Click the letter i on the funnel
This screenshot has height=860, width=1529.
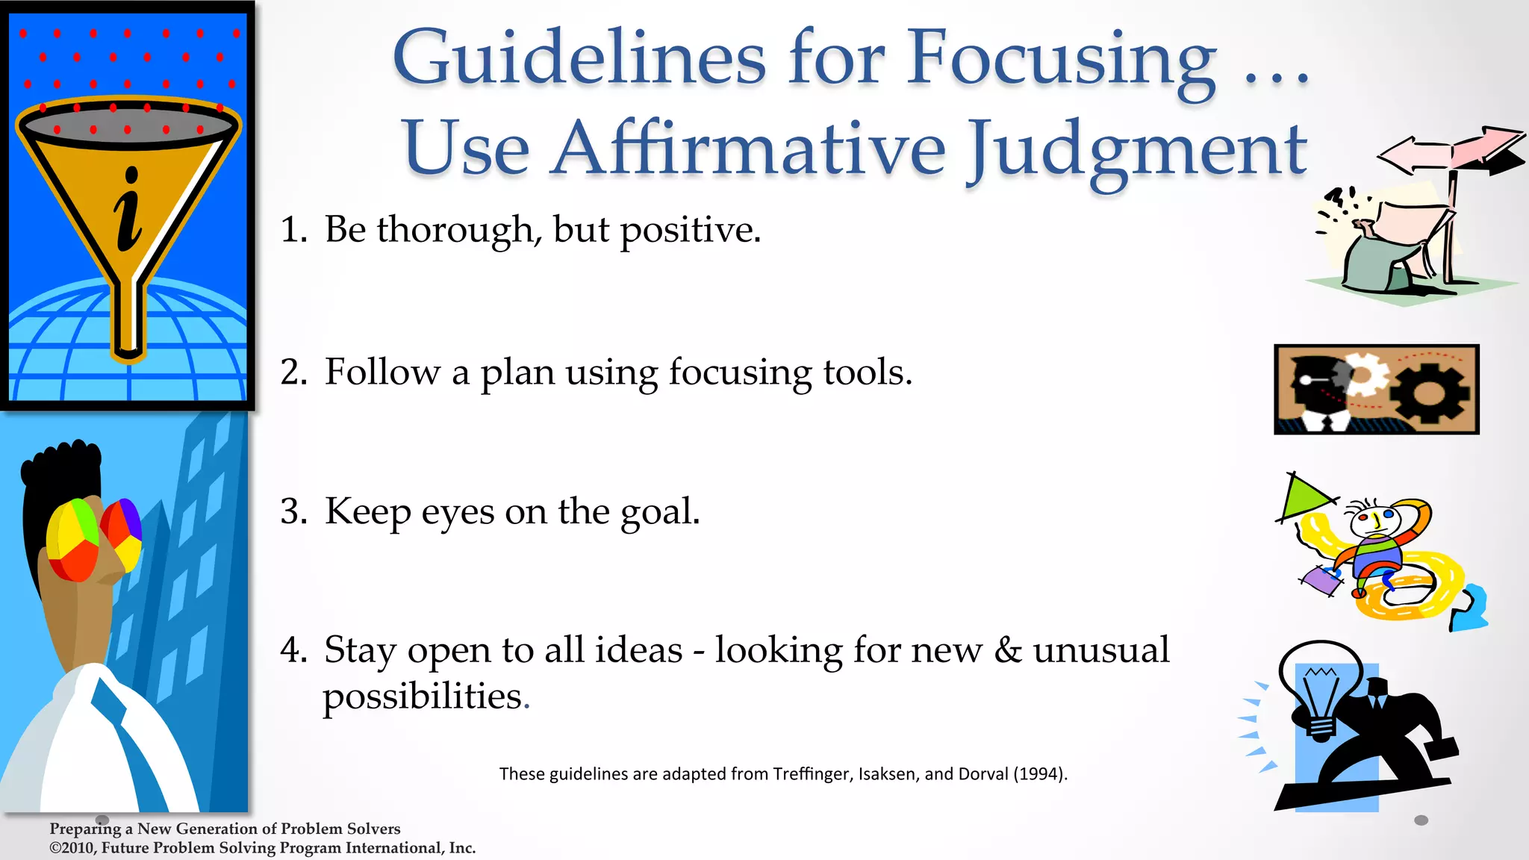[x=128, y=211]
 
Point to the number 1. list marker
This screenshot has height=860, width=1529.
[x=293, y=230]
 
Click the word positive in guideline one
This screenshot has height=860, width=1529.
[x=690, y=230]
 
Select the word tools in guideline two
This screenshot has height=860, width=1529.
[x=867, y=372]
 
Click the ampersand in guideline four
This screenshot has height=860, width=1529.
[x=1007, y=650]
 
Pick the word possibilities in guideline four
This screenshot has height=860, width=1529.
[x=423, y=697]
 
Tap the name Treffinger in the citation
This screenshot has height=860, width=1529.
[x=812, y=774]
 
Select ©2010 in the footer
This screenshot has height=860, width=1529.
[x=72, y=848]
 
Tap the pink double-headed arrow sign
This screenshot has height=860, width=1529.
[x=1448, y=152]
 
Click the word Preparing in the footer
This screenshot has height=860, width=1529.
[x=85, y=829]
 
